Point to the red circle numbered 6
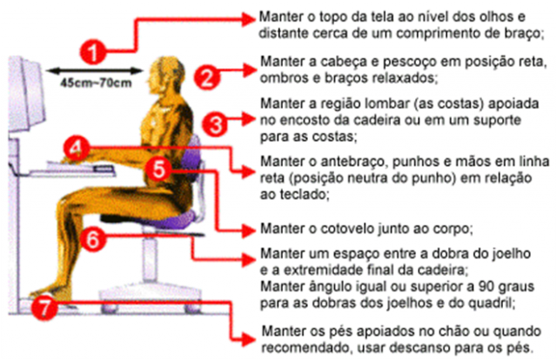click(x=97, y=236)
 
